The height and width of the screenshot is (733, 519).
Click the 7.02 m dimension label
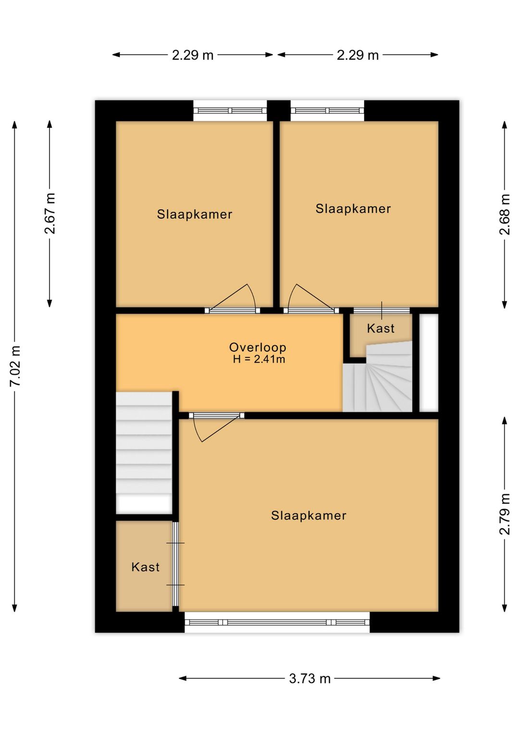[x=16, y=366]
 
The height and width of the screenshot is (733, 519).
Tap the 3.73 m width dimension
[x=309, y=679]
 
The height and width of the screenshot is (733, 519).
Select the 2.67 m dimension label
[x=50, y=213]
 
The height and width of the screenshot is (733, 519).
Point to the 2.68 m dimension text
[x=505, y=214]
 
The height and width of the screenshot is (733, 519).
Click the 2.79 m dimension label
[x=505, y=514]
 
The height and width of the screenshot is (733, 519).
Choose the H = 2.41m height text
[x=259, y=359]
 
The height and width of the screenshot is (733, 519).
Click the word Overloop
[x=258, y=347]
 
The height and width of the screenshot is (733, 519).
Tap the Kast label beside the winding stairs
[x=381, y=328]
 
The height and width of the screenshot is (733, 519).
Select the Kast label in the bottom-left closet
[x=146, y=567]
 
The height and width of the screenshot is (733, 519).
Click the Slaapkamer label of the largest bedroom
[x=309, y=516]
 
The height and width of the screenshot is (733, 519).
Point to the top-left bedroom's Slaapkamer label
[x=195, y=214]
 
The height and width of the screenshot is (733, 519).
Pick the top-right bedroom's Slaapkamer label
[x=353, y=209]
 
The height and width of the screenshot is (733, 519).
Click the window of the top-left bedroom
[x=230, y=110]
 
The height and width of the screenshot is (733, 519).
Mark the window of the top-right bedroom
[x=327, y=110]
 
